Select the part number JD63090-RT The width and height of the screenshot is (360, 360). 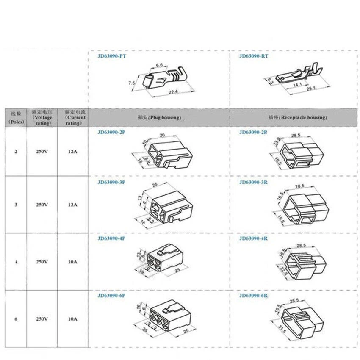tap(253, 56)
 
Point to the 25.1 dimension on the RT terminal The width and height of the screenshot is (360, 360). tap(311, 88)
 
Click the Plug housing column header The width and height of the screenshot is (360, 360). tap(159, 117)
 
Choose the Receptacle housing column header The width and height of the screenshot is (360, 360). tap(297, 117)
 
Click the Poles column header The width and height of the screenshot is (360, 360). tap(16, 117)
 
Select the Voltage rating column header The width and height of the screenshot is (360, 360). tap(42, 117)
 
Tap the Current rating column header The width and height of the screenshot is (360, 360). tap(73, 117)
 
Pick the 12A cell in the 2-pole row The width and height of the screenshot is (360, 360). tap(73, 151)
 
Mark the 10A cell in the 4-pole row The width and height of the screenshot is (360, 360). tap(73, 261)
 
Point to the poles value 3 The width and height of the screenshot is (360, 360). tap(16, 205)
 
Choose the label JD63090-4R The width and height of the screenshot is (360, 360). tap(253, 238)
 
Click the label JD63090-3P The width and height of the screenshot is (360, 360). tap(111, 183)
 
